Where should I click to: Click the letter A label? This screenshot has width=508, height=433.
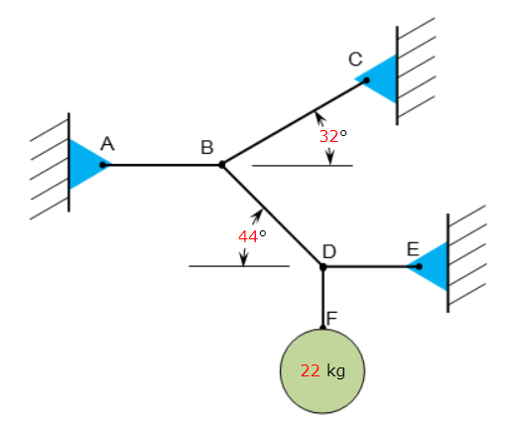(107, 144)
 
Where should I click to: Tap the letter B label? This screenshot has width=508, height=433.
(207, 148)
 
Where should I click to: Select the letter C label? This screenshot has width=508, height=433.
(355, 60)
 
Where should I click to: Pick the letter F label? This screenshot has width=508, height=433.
(332, 317)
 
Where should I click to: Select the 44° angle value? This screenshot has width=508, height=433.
(252, 236)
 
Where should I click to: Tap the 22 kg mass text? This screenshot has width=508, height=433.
(322, 370)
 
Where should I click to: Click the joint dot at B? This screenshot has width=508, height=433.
(221, 165)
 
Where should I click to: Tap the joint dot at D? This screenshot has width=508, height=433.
(322, 266)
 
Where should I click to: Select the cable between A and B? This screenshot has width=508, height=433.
(164, 165)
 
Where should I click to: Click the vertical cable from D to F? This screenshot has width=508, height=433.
(322, 296)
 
